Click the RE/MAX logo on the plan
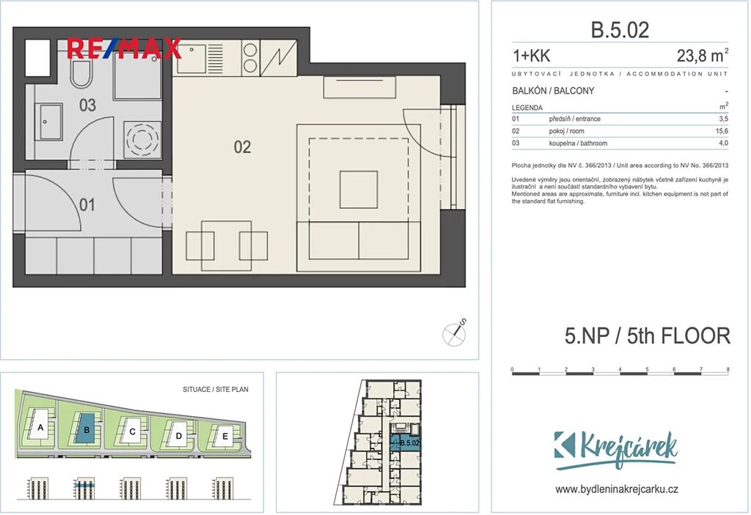(x=124, y=48)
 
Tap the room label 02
(x=242, y=147)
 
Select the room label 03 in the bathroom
(x=88, y=105)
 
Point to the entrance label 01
(x=87, y=205)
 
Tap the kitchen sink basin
(x=191, y=59)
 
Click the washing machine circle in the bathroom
(x=142, y=139)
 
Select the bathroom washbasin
(x=48, y=122)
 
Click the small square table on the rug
(x=359, y=190)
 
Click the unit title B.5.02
(x=620, y=30)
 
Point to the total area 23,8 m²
(x=702, y=56)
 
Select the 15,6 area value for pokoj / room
(x=722, y=131)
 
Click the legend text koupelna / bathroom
(x=578, y=143)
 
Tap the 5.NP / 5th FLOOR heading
(x=648, y=336)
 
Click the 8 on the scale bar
(x=728, y=369)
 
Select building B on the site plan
(x=87, y=429)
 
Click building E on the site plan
(x=224, y=436)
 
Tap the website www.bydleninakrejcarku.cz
(x=616, y=489)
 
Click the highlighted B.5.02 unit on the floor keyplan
(x=405, y=443)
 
